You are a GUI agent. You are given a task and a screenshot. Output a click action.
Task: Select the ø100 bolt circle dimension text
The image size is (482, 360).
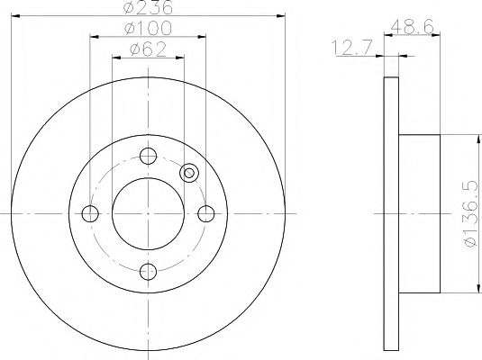(x=148, y=31)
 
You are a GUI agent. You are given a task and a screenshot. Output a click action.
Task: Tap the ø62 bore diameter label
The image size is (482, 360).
(x=148, y=50)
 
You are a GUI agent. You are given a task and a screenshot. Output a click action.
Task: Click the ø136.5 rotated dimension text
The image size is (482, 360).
(x=465, y=213)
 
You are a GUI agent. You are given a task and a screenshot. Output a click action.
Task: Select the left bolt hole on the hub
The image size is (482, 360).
(x=89, y=213)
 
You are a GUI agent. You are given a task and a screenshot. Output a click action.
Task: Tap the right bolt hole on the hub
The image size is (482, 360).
(x=206, y=213)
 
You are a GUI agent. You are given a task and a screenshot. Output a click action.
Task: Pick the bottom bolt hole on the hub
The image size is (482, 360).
(x=148, y=271)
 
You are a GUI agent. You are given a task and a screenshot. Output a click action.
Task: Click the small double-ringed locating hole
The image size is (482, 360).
(x=189, y=174)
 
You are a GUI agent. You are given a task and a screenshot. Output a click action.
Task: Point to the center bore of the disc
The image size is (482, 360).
(x=148, y=213)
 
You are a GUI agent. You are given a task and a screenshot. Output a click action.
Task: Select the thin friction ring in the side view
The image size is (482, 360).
(x=390, y=213)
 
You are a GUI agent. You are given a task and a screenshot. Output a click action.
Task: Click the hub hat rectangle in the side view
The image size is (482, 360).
(x=418, y=213)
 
